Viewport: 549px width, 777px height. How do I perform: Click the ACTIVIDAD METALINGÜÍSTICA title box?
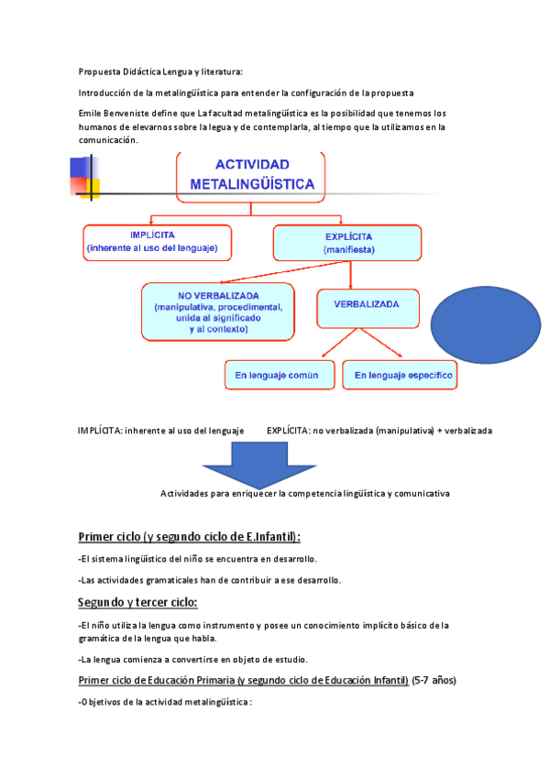click(x=251, y=175)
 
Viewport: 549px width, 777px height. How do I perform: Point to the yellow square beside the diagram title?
click(x=90, y=187)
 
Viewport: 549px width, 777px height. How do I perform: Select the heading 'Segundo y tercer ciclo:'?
click(x=137, y=602)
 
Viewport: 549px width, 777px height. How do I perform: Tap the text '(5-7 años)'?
click(x=434, y=680)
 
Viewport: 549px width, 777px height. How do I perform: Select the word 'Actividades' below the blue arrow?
click(x=186, y=493)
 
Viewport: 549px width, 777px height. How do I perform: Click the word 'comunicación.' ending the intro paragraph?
click(x=108, y=140)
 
